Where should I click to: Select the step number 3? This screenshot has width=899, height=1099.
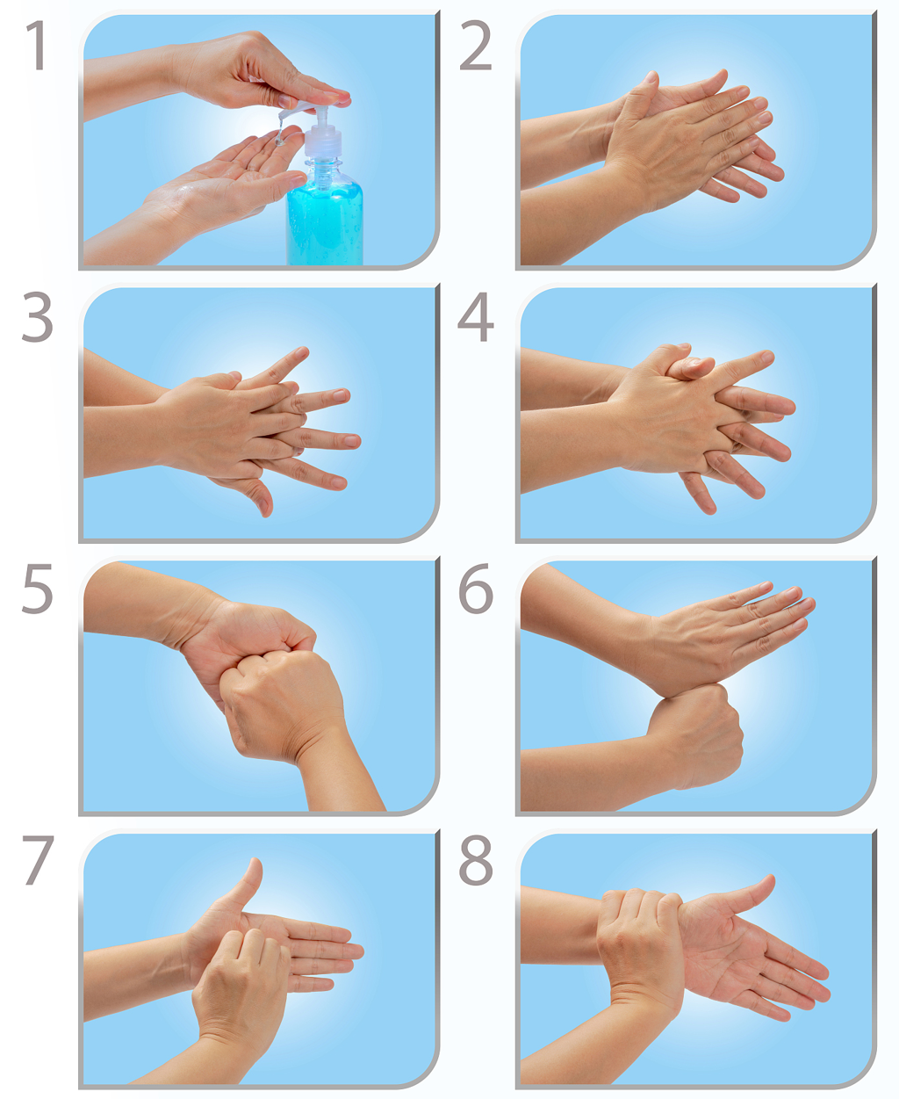37,318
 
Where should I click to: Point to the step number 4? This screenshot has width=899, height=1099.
475,318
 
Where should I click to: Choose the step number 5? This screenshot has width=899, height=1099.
37,589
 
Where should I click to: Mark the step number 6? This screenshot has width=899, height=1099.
475,589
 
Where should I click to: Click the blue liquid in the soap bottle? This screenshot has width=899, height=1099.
324,224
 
